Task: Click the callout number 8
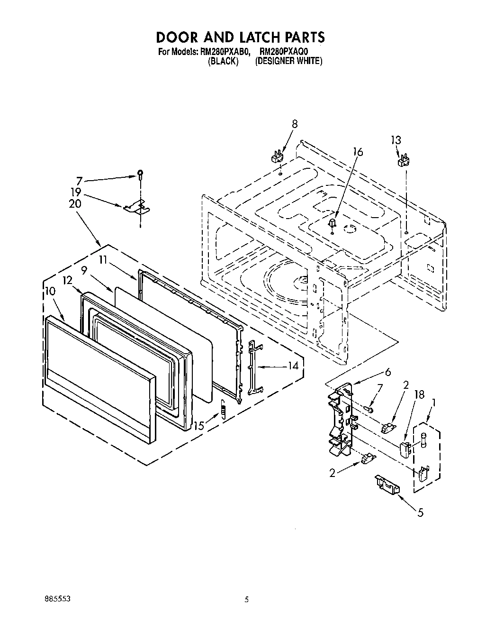[295, 124]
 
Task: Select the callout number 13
[396, 140]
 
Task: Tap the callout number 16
[358, 152]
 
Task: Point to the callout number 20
[75, 204]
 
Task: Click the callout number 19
[75, 193]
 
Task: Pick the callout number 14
[293, 366]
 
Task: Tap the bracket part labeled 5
[387, 483]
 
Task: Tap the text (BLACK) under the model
[223, 61]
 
